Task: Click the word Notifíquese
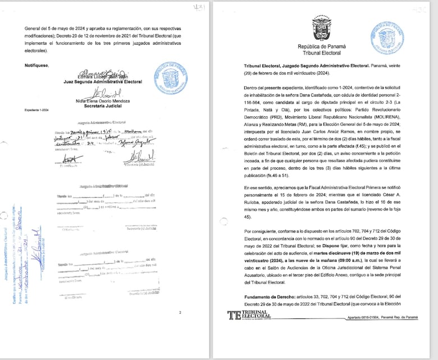point(37,65)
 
